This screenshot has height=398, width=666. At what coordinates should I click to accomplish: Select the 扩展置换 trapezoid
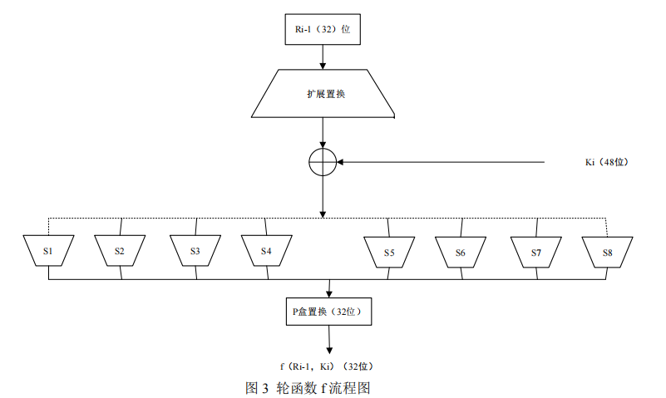click(x=323, y=94)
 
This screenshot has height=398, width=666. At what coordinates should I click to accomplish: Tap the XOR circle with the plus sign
click(x=323, y=162)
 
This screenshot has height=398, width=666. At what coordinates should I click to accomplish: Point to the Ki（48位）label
click(x=606, y=162)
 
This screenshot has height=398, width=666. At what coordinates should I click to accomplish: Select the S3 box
click(x=195, y=251)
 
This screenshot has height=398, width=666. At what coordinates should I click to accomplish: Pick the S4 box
click(x=266, y=251)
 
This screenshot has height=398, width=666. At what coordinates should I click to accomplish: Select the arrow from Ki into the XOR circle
click(x=441, y=162)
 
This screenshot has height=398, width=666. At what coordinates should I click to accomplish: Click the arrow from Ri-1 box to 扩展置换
click(x=323, y=56)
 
